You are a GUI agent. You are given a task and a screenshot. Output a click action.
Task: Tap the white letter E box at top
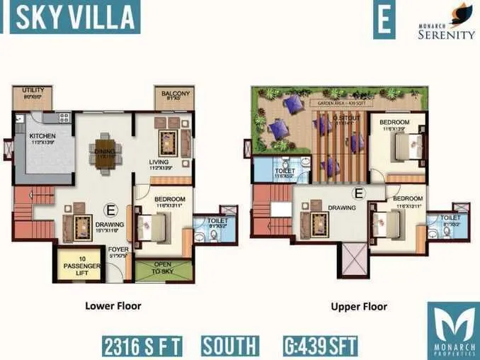384,19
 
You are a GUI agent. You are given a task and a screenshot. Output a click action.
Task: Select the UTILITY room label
33,92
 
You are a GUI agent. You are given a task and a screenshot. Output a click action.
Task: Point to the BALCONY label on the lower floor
174,94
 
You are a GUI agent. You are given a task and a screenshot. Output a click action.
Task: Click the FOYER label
118,251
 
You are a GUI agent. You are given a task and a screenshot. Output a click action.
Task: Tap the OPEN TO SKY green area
163,269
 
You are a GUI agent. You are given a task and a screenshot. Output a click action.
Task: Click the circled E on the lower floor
110,210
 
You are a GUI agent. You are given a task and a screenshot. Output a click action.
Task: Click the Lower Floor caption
113,306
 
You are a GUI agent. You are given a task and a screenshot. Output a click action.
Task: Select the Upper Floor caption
359,307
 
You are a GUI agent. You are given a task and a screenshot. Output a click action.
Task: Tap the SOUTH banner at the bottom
229,347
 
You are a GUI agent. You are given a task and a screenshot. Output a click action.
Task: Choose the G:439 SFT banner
319,347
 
